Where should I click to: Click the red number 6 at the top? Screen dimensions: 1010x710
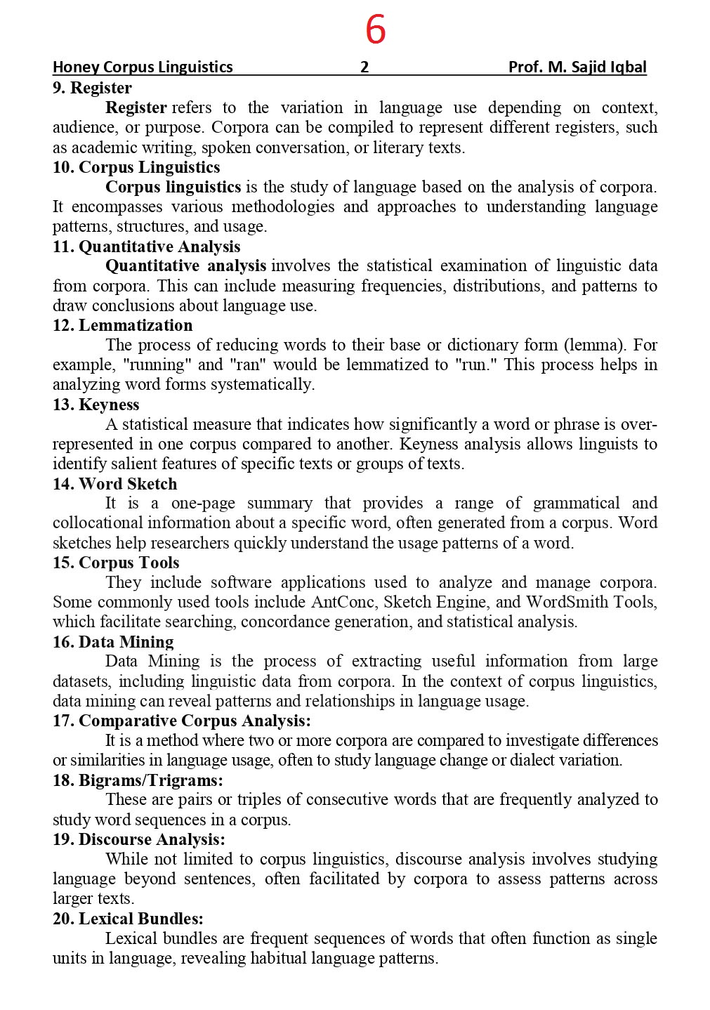click(376, 30)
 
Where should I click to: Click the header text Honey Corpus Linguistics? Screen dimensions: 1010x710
click(143, 67)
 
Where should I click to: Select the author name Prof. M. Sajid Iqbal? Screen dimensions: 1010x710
click(577, 67)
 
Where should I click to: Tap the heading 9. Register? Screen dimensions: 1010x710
click(92, 88)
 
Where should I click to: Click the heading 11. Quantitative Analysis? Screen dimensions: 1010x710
click(146, 247)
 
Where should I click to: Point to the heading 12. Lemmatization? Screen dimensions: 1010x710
click(122, 326)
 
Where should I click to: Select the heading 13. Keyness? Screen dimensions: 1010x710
click(96, 405)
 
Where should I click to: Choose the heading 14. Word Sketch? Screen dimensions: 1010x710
click(114, 484)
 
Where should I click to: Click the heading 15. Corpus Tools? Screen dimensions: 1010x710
click(116, 563)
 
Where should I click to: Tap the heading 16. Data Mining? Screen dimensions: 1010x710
click(113, 642)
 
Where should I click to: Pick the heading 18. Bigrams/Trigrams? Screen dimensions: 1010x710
click(138, 780)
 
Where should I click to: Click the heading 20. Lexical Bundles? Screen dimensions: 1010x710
click(128, 919)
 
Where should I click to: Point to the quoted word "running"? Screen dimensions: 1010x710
click(157, 365)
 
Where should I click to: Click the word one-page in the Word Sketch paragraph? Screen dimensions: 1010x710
click(203, 504)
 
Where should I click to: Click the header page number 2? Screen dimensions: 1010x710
click(364, 67)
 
